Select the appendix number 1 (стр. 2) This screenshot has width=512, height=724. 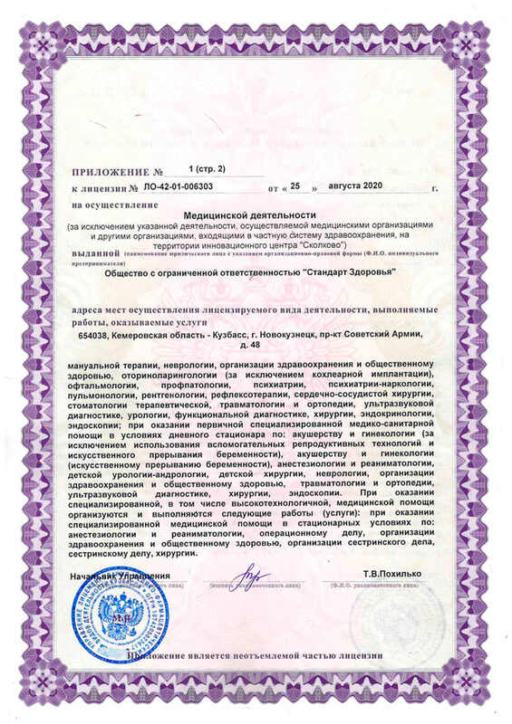[x=209, y=169]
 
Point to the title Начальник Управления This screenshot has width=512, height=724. [x=118, y=576]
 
